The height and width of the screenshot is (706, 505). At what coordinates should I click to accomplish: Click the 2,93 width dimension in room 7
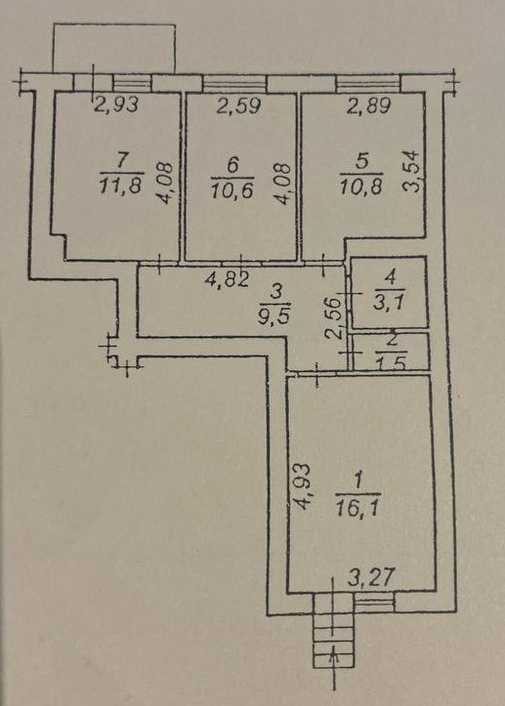coord(116,104)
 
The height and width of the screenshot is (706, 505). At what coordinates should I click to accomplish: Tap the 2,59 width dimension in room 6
coord(239,106)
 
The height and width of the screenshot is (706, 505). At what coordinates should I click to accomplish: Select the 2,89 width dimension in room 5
coord(369,106)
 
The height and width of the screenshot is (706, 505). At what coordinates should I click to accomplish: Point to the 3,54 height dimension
coord(411,172)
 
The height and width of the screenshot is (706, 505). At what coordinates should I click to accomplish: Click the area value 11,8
coord(120,186)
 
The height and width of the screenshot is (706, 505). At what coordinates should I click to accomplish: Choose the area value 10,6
coord(232,189)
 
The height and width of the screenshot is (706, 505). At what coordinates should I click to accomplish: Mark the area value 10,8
coord(361,186)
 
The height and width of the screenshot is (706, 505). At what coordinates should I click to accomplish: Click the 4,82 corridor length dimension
coord(227,280)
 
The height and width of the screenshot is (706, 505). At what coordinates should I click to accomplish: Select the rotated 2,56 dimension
coord(333,319)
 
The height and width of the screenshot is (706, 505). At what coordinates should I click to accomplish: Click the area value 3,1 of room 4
coord(390,301)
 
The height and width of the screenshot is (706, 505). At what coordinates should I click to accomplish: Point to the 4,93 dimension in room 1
coord(304,486)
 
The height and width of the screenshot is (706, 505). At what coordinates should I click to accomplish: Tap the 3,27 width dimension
coord(371,577)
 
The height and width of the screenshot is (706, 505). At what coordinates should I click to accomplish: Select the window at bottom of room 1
coord(374,602)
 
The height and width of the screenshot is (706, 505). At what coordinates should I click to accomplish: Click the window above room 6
coord(234,83)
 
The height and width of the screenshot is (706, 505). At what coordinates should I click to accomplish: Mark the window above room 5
coord(368,83)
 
